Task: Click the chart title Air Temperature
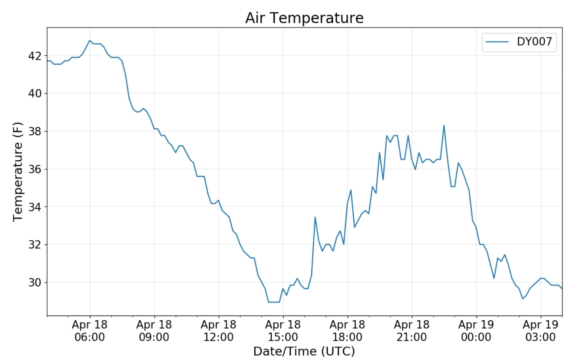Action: coord(304,18)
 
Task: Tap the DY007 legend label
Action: coord(534,42)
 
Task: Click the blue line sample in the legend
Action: coord(497,42)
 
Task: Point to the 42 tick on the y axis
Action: coord(35,56)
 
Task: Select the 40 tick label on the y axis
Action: coord(35,94)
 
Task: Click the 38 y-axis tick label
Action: coord(35,131)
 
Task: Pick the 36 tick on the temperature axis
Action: coord(35,169)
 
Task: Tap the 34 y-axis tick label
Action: coord(35,207)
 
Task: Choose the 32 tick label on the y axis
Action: coord(35,244)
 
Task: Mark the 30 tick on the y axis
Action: coord(35,282)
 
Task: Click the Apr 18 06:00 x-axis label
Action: coord(90,331)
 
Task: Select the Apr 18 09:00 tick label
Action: coord(154,331)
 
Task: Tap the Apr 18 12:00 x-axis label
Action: coord(219,331)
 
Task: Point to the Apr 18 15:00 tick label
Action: coord(283,331)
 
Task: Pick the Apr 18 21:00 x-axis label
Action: coord(412,331)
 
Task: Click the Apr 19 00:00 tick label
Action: coord(476,331)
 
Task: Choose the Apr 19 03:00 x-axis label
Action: coord(540,331)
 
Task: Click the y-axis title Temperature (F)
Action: coord(18,172)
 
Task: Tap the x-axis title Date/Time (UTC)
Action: coord(304,351)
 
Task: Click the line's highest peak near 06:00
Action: coord(90,40)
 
